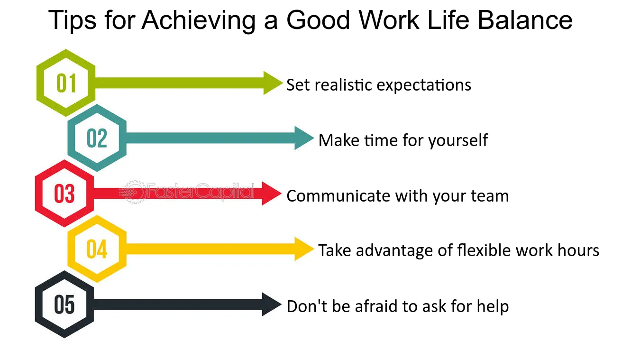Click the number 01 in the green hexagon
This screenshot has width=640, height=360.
click(66, 83)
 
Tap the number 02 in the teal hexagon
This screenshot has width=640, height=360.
click(97, 138)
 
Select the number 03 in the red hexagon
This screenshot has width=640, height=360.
click(64, 194)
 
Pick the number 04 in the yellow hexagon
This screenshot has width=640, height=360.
click(97, 249)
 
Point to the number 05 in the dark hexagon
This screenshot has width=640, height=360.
click(64, 305)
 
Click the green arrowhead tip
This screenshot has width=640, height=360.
click(283, 83)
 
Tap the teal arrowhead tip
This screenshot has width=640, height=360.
click(314, 138)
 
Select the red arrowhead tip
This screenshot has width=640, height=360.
click(281, 194)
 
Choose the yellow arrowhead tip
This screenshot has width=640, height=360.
click(314, 249)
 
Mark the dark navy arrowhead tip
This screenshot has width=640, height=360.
click(281, 305)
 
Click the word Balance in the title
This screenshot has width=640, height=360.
click(525, 20)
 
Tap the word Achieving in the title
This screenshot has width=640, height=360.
click(199, 21)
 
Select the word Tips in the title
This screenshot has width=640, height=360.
click(72, 21)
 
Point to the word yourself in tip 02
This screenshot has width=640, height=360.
click(458, 141)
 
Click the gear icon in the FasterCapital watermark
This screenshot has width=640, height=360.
click(135, 192)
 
